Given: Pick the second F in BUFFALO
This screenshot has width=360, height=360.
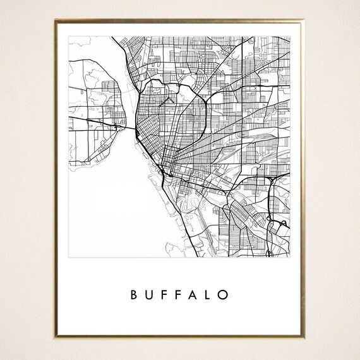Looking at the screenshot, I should pyautogui.click(x=179, y=295).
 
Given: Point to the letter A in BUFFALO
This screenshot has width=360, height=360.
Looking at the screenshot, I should pyautogui.click(x=195, y=295).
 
